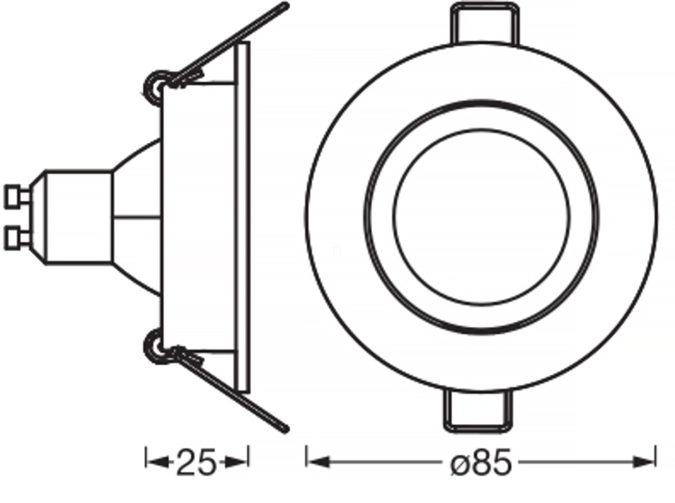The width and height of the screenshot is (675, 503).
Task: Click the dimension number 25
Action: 196,462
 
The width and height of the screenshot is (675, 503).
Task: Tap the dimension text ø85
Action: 481,462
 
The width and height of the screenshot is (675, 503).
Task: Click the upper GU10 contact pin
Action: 17,196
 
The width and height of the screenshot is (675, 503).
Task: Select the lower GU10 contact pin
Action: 17,238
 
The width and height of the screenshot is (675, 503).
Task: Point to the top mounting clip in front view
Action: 485,24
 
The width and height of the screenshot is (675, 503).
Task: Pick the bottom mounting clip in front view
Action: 478,411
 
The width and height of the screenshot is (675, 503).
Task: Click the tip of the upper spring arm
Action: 285,6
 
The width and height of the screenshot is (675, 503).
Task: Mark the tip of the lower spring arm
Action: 285,429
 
